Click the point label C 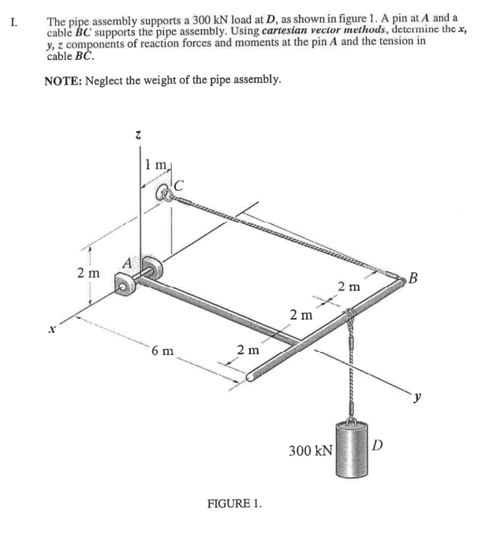180,185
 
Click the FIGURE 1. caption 233,503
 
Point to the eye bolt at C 167,193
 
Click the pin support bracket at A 125,286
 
